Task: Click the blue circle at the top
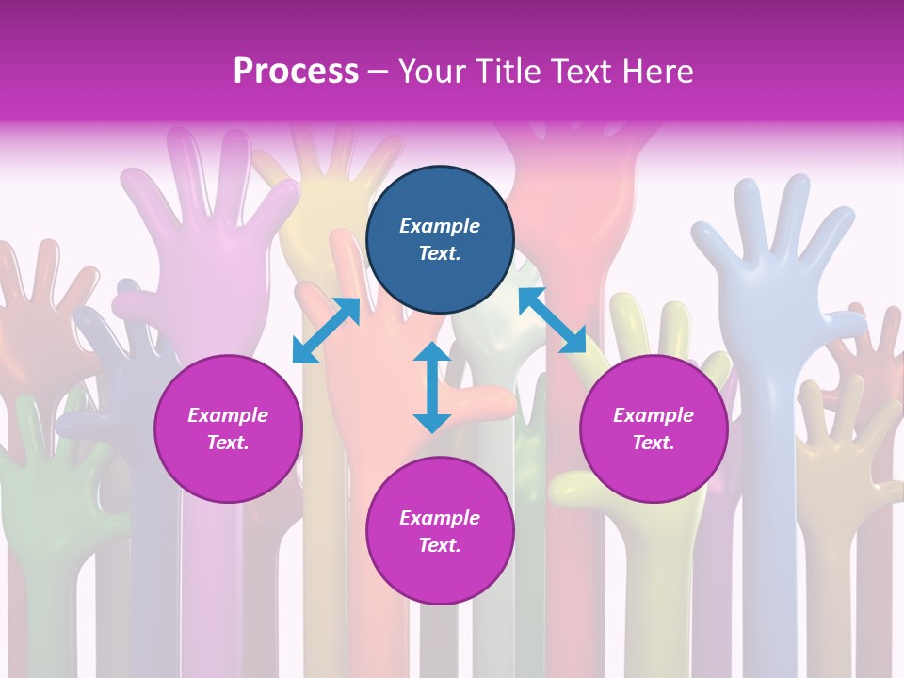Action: click(x=440, y=240)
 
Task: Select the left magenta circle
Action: click(x=228, y=428)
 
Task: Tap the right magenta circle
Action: click(x=654, y=428)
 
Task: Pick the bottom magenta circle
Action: click(x=440, y=531)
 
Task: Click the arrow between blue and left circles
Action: click(x=326, y=330)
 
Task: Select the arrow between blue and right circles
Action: click(x=552, y=320)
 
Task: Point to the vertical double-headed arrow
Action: click(x=431, y=387)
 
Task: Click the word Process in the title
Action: click(x=296, y=72)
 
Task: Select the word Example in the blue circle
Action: click(x=440, y=226)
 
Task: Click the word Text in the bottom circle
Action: click(x=440, y=545)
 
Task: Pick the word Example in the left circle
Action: click(x=228, y=415)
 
